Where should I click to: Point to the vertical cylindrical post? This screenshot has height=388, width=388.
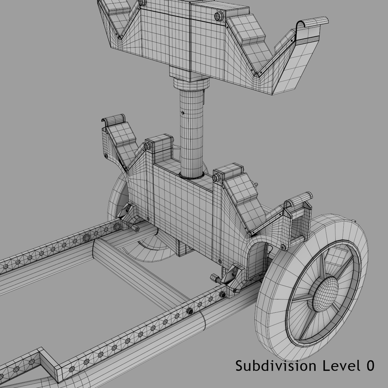coord(192,131)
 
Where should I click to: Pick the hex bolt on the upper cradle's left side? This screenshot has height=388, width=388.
coord(142,3)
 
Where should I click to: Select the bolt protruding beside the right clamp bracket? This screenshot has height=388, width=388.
coord(213,278)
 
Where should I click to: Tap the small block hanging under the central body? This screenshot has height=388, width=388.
coord(182,248)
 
